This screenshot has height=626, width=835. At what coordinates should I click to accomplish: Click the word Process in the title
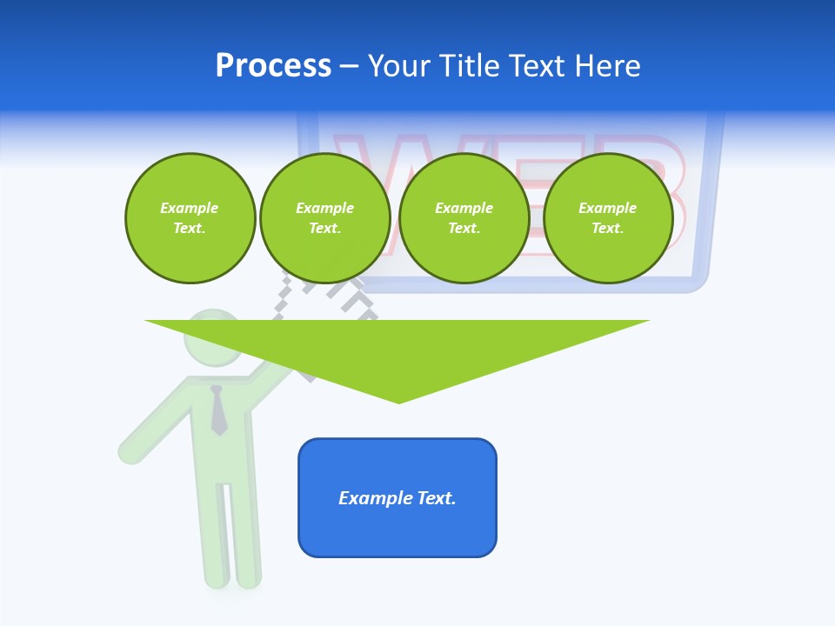273,66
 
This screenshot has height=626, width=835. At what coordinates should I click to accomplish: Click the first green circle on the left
190,218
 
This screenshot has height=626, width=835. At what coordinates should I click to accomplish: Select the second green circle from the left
324,218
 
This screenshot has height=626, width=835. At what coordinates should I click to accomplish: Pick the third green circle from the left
464,218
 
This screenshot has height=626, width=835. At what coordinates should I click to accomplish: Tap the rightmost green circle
607,218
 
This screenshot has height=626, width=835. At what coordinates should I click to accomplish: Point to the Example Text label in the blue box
397,498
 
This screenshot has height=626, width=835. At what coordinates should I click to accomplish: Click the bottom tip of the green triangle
398,400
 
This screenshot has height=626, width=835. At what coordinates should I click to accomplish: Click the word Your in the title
399,66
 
